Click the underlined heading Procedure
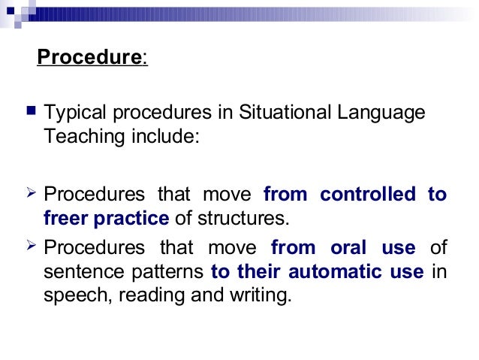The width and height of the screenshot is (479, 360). [89, 57]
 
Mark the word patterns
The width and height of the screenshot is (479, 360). [169, 271]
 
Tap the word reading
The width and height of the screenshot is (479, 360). [156, 296]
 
